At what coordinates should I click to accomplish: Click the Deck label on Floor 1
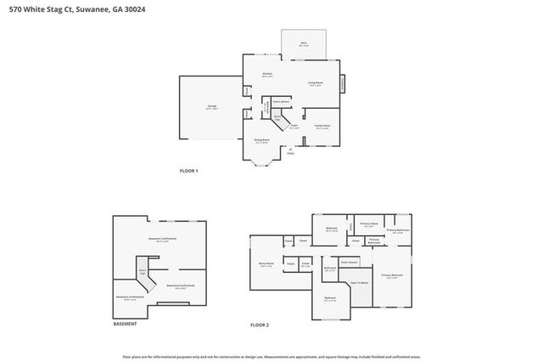click(x=303, y=43)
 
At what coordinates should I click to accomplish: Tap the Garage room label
click(x=212, y=107)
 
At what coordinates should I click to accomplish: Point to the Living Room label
click(x=315, y=83)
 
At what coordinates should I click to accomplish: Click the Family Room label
click(x=322, y=126)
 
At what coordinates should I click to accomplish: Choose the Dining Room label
click(x=261, y=140)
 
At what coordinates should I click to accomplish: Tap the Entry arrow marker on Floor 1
click(x=290, y=150)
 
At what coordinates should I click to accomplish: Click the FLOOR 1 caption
click(x=188, y=171)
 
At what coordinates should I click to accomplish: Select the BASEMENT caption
click(x=126, y=324)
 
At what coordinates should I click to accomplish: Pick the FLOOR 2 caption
click(x=259, y=325)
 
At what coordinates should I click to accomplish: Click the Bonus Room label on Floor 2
click(x=266, y=265)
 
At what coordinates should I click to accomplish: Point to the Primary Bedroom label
click(x=391, y=276)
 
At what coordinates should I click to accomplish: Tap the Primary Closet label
click(x=368, y=225)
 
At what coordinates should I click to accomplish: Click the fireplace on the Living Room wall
click(x=343, y=84)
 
